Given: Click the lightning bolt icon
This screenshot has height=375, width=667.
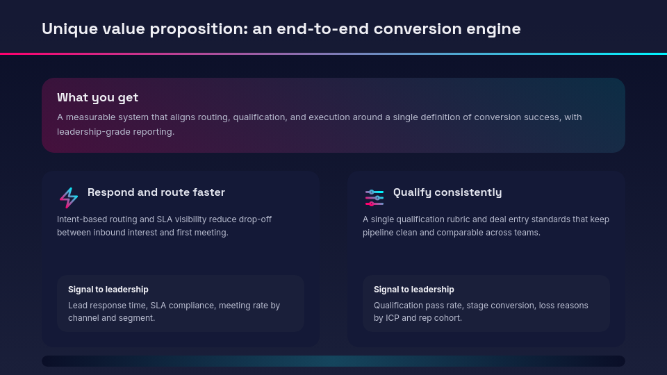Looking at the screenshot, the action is pyautogui.click(x=69, y=198).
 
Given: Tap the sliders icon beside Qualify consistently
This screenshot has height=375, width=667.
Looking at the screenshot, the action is pyautogui.click(x=374, y=198).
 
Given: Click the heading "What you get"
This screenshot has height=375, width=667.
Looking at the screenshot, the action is pyautogui.click(x=97, y=97).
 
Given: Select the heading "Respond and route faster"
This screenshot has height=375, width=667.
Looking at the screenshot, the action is pyautogui.click(x=156, y=192).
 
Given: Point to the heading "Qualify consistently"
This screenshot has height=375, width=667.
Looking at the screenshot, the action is pyautogui.click(x=447, y=192).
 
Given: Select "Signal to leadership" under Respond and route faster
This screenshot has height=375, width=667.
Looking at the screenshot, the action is pyautogui.click(x=108, y=290).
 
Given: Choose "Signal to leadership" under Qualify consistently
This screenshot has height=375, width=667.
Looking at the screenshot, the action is pyautogui.click(x=414, y=290).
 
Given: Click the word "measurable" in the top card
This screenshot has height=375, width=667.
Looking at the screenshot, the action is pyautogui.click(x=90, y=117).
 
